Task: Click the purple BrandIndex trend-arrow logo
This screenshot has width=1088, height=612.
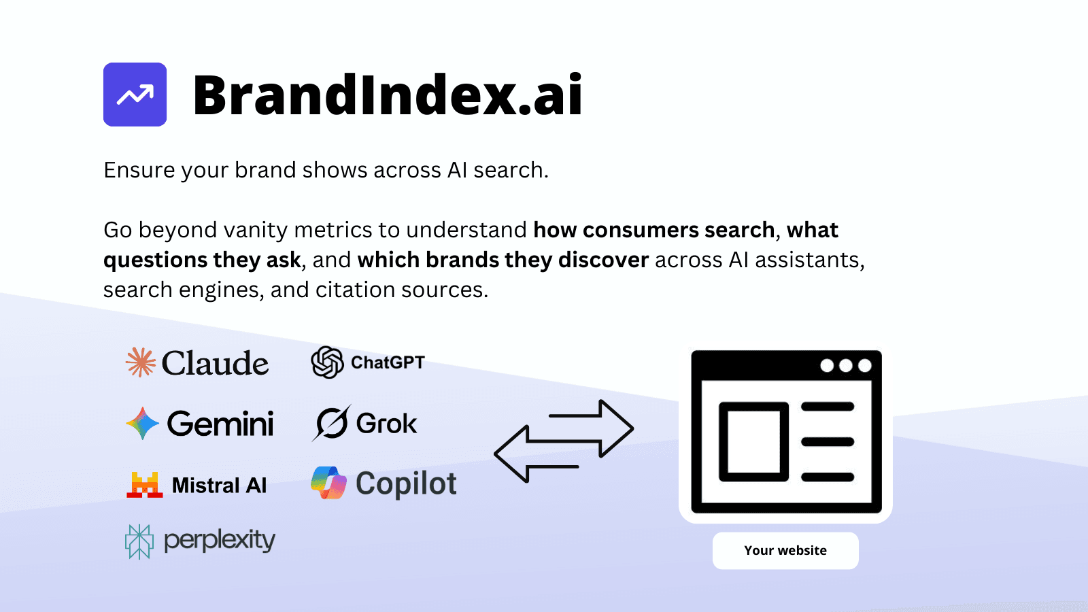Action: (135, 95)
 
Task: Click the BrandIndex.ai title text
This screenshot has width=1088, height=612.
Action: (388, 95)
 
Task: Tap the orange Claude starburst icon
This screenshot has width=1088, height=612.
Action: (141, 362)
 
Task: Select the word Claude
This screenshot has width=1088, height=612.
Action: (215, 363)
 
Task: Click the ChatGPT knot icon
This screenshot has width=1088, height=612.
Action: (327, 362)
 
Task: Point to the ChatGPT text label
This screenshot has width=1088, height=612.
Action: (388, 362)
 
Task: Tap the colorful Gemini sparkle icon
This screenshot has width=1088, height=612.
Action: (142, 423)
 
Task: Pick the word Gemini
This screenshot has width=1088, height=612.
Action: (220, 424)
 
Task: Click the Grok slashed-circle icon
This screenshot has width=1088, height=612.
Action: (331, 423)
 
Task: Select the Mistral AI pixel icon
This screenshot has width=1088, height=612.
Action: (145, 485)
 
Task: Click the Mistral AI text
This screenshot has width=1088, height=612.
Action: (219, 486)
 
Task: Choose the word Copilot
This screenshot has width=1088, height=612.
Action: (406, 484)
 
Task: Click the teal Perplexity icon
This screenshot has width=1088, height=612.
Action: (139, 541)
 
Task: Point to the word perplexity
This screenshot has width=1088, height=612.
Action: (220, 541)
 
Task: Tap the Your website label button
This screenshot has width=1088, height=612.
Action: (785, 551)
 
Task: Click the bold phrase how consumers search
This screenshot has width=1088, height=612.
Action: (654, 230)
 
